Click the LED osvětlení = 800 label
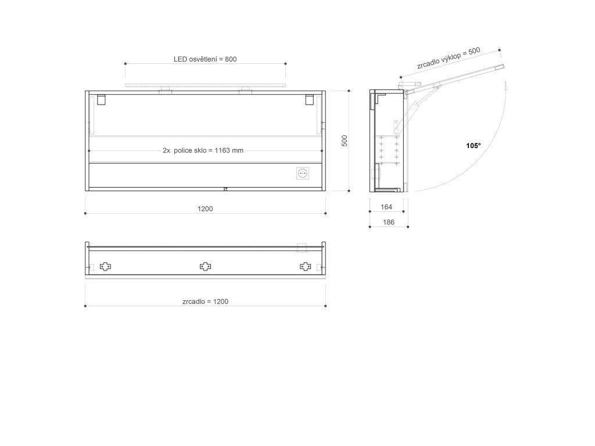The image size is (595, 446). coord(205,59)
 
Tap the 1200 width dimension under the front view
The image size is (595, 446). coord(205,208)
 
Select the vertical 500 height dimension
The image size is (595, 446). coord(345,141)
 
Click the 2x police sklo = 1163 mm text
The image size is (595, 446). coord(203,150)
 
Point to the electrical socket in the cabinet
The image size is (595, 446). coord(302,173)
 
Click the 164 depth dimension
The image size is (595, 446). coord(386,207)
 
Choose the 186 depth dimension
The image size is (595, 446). coord(389,222)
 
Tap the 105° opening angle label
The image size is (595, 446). coord(473,146)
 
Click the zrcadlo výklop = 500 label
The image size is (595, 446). coord(449,59)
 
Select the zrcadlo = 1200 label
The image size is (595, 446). coord(205,301)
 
